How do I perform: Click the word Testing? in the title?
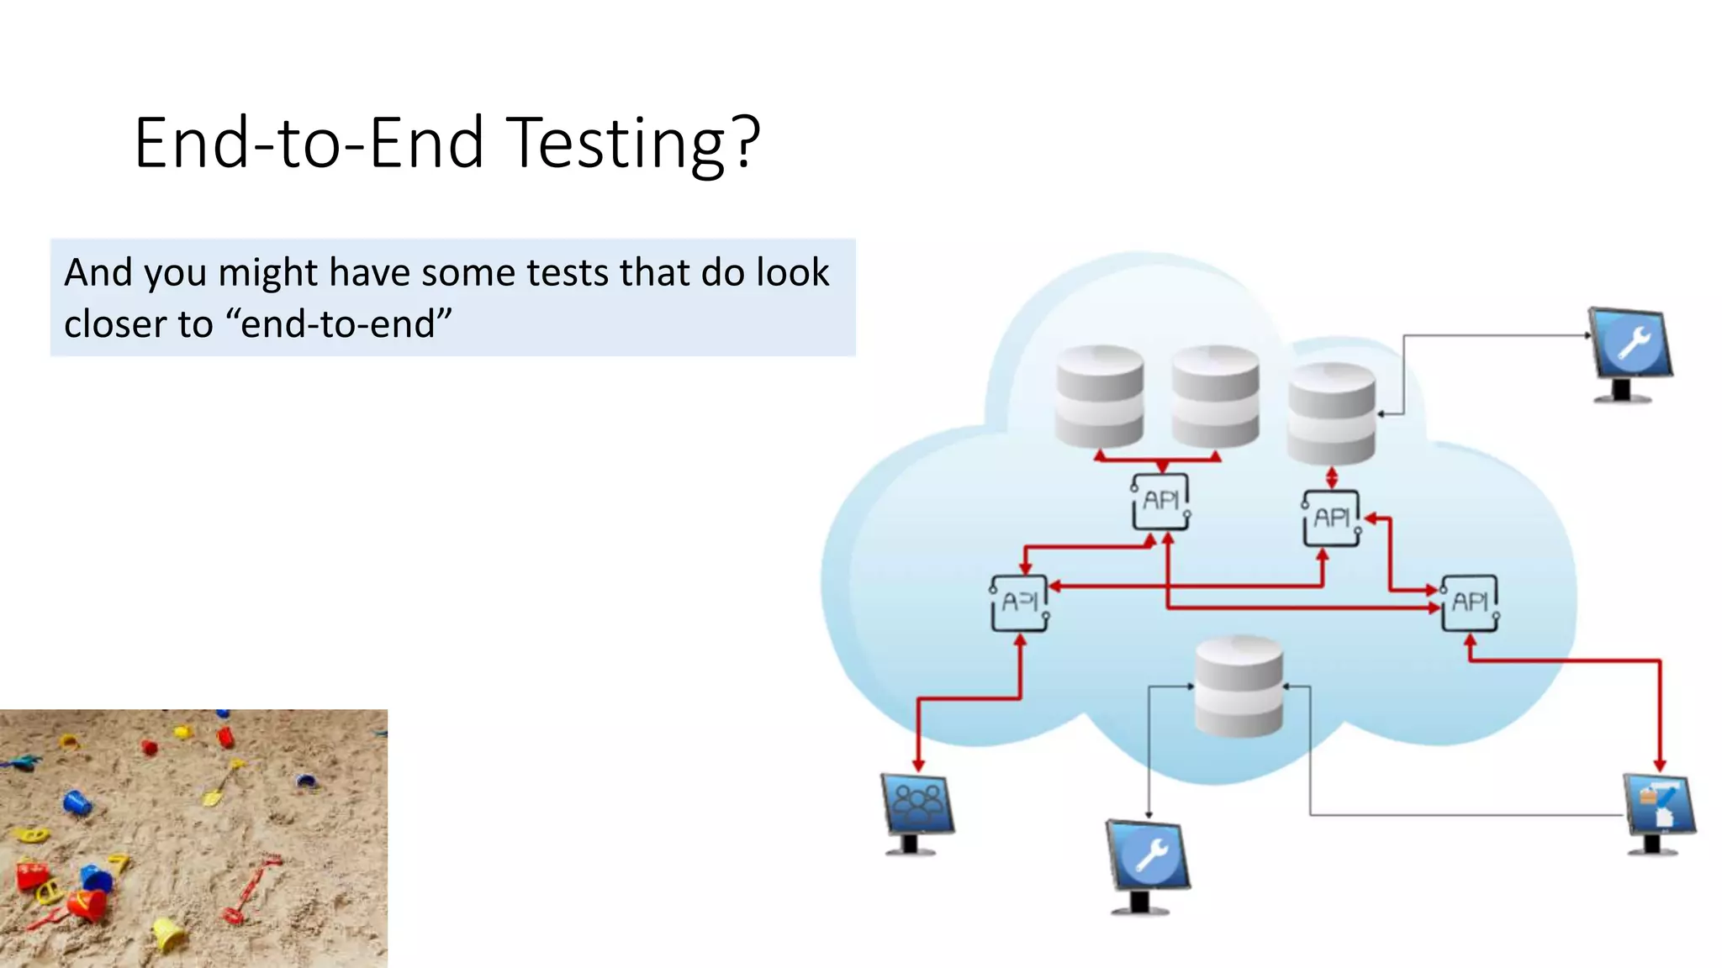[x=635, y=144]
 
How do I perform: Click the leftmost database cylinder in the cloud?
[x=1100, y=396]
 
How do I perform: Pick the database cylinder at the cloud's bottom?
[x=1239, y=687]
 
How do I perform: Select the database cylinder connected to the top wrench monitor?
[x=1331, y=413]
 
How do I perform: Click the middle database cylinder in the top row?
[x=1216, y=396]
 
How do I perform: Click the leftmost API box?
[x=1020, y=602]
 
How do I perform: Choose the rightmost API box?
[x=1470, y=602]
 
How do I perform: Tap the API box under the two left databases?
[x=1161, y=502]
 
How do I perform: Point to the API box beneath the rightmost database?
[x=1332, y=518]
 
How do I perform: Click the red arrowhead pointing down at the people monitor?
[x=918, y=765]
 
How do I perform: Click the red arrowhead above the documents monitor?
[x=1660, y=765]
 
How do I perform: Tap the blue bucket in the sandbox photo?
[x=77, y=802]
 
